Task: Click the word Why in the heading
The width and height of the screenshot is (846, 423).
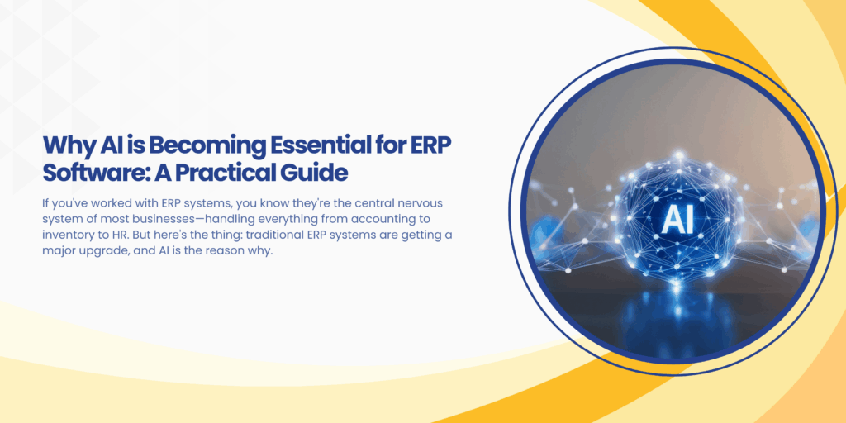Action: point(63,146)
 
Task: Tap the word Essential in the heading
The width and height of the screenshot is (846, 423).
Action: point(326,146)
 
